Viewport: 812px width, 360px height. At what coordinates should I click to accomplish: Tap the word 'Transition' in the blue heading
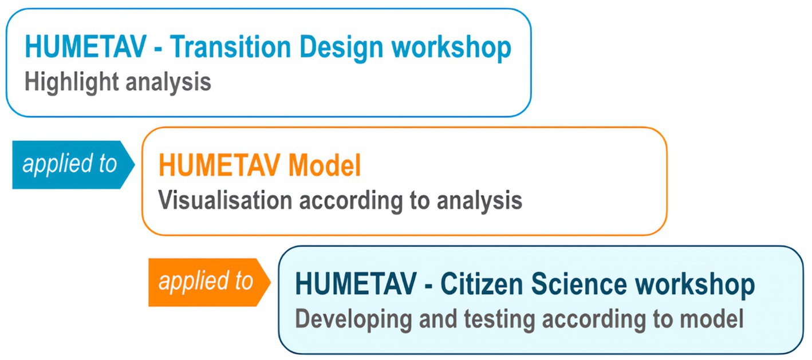(231, 47)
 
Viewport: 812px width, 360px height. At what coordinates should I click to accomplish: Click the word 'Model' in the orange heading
(325, 165)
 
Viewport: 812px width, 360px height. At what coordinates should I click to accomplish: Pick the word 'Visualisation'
(225, 200)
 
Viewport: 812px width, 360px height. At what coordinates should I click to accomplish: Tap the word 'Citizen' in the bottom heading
(482, 283)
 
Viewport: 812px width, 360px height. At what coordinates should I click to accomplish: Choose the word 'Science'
(579, 283)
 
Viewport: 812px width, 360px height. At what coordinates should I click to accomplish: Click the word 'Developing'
(353, 320)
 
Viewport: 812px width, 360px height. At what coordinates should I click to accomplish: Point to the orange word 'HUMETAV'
(219, 165)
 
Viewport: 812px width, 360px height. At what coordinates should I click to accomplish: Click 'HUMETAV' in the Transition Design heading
(85, 47)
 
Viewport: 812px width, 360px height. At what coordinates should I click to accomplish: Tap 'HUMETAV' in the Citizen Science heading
(356, 283)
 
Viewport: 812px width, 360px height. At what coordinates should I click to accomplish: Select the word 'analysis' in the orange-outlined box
(479, 201)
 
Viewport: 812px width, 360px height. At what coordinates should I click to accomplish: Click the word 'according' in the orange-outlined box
(351, 201)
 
